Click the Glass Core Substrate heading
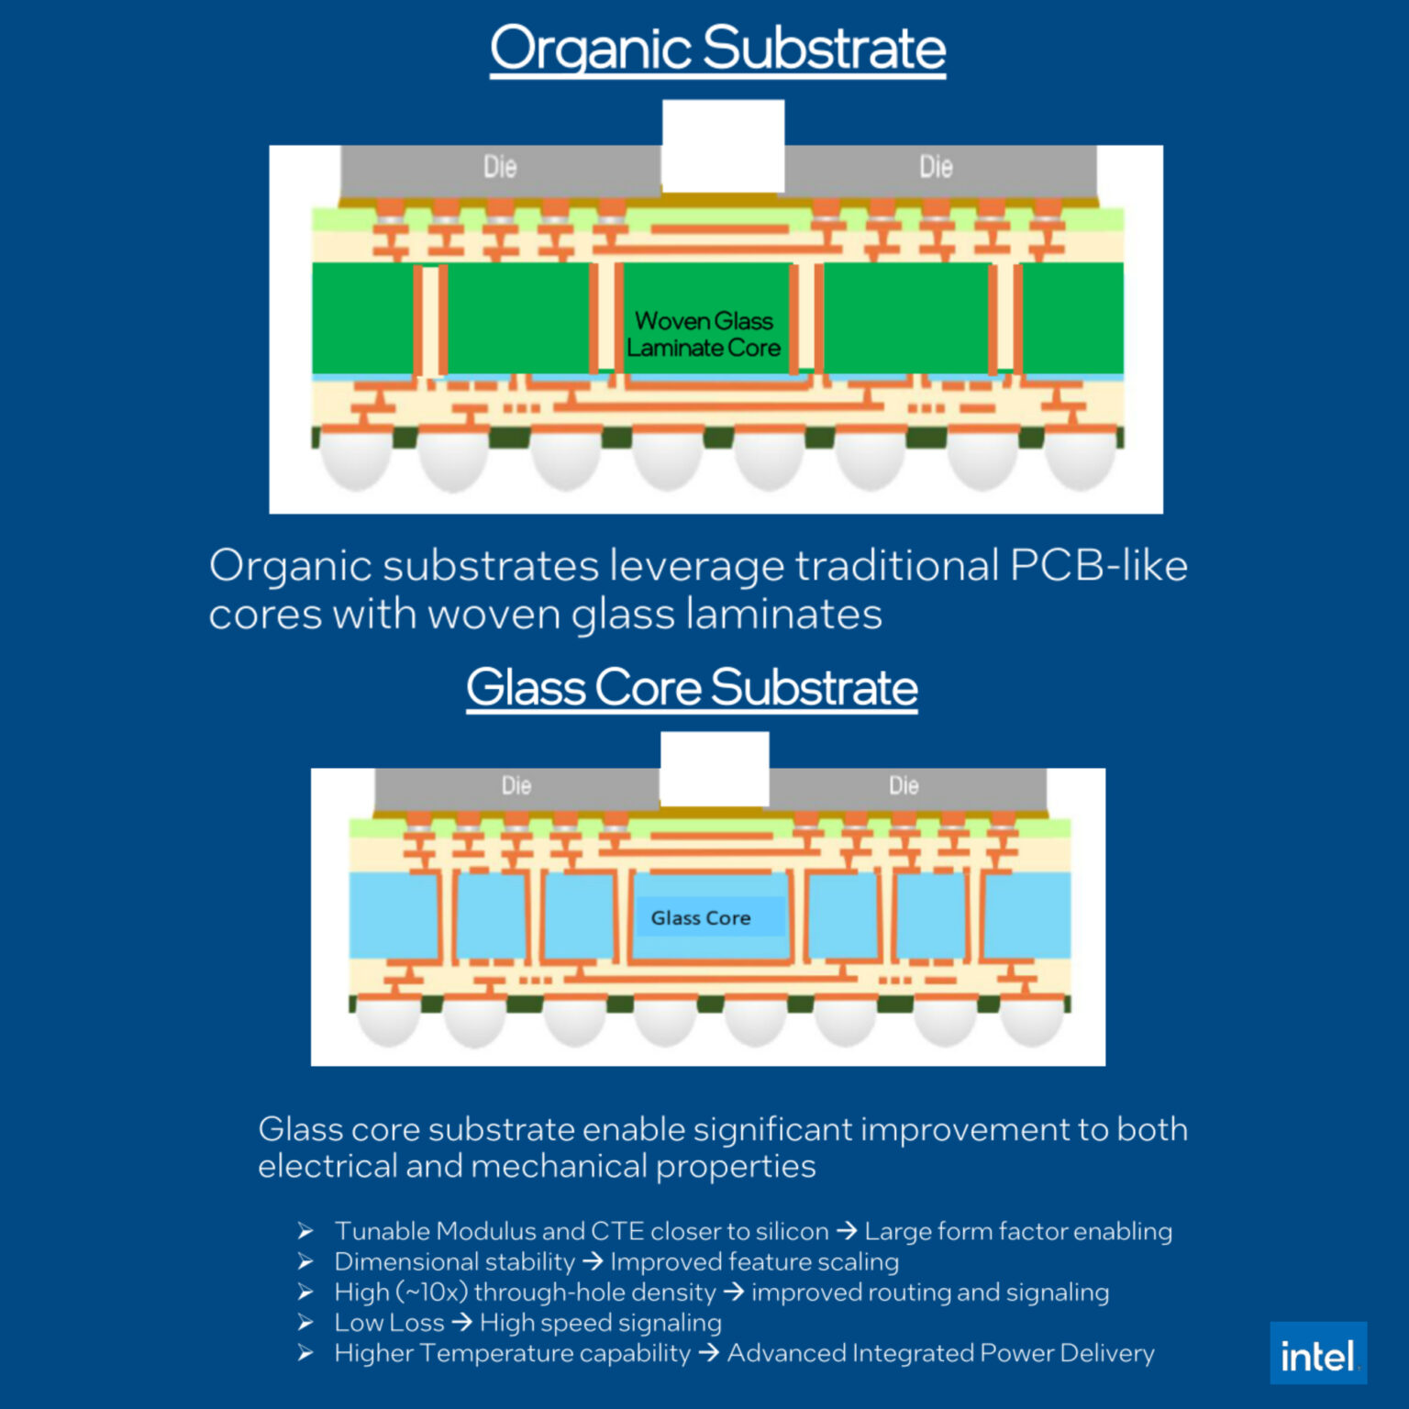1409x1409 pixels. click(x=692, y=687)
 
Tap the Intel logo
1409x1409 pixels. click(x=1317, y=1354)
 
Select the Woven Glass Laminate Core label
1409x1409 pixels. click(x=704, y=334)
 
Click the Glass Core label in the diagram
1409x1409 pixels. click(x=701, y=917)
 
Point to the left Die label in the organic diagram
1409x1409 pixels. click(x=500, y=167)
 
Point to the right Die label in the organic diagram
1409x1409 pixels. click(x=936, y=167)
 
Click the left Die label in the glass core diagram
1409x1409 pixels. click(x=516, y=785)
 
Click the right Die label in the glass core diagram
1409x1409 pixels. click(x=904, y=785)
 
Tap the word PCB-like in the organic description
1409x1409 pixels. click(x=1098, y=565)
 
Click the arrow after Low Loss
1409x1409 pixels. click(x=461, y=1323)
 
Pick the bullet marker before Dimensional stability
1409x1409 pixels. click(x=305, y=1262)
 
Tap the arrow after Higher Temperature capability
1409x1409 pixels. click(x=708, y=1353)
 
